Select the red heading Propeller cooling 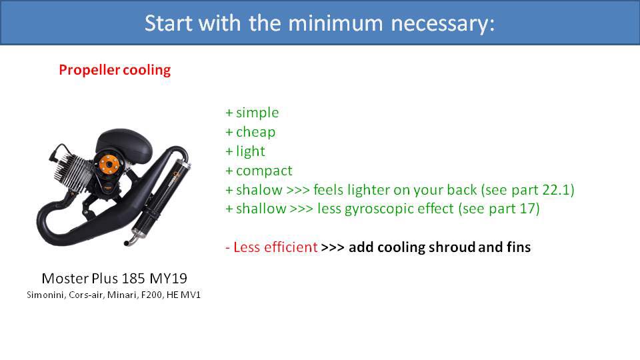pyautogui.click(x=115, y=70)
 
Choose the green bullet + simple pyautogui.click(x=252, y=113)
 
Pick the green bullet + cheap pyautogui.click(x=251, y=132)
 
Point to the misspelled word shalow pyautogui.click(x=259, y=190)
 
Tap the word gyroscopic pyautogui.click(x=413, y=209)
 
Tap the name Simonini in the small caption pyautogui.click(x=44, y=294)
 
